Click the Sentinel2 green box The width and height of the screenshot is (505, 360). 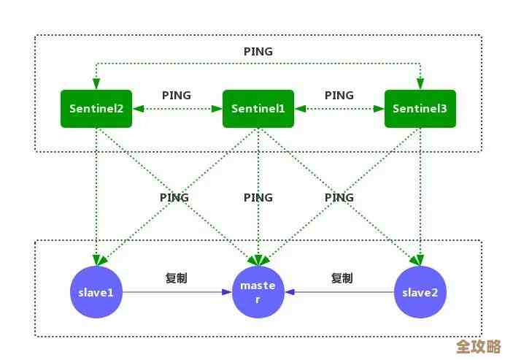(96, 108)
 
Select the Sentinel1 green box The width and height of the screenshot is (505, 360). (258, 108)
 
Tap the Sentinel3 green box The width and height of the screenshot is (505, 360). (420, 108)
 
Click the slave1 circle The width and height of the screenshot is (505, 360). (96, 292)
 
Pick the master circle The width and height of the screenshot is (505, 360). (258, 292)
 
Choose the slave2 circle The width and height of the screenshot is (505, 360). (420, 292)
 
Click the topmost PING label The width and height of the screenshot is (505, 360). (258, 52)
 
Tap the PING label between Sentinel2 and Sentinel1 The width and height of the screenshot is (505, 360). (177, 96)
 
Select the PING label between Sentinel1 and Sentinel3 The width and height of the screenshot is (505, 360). (339, 96)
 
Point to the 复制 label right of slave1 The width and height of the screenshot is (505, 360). (177, 277)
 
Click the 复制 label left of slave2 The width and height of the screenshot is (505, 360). (342, 277)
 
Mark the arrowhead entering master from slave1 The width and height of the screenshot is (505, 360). (227, 292)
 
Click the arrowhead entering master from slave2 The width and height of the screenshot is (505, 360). (290, 292)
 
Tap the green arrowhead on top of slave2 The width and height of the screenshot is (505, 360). (420, 260)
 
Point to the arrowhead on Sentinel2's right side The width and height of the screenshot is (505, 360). (137, 109)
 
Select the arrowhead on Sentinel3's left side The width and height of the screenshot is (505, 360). (379, 109)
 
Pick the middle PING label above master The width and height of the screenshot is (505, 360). (258, 197)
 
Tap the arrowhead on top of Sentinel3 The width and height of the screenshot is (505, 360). (420, 85)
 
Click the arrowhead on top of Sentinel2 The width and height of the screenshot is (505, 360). (96, 85)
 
